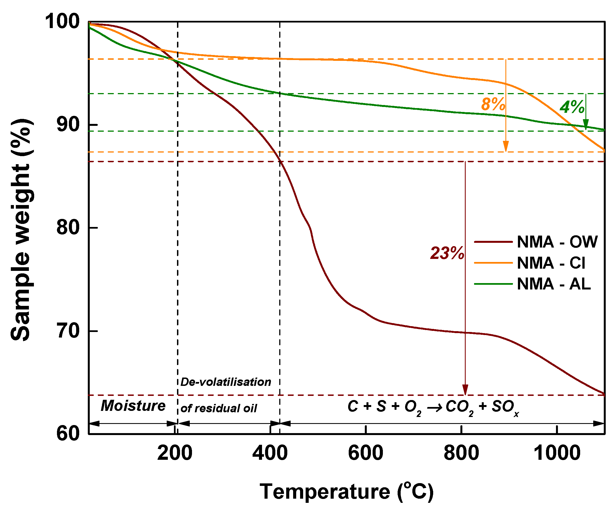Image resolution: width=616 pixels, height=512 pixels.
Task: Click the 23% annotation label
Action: tap(447, 253)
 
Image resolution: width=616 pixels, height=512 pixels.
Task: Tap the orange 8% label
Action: tap(493, 104)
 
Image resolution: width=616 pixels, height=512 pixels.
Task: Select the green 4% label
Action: tap(572, 107)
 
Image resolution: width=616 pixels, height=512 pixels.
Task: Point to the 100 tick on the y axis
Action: tap(62, 21)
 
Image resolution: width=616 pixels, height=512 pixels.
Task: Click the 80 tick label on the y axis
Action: tap(68, 227)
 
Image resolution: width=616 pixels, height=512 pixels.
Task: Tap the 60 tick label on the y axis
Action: tap(68, 433)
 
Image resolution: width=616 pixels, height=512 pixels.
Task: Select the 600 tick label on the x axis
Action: tap(365, 453)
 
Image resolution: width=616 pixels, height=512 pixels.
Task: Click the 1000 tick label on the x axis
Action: tap(557, 453)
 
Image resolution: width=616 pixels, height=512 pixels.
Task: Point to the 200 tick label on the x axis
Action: tap(174, 453)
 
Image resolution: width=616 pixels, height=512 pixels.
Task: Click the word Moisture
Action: tap(133, 406)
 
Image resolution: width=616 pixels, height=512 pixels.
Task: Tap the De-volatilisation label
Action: tap(226, 382)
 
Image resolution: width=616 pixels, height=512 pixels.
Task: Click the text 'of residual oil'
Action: tap(219, 408)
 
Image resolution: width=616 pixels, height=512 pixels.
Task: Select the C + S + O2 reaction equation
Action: tap(433, 407)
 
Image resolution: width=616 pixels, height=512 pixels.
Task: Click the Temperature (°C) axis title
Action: tap(346, 492)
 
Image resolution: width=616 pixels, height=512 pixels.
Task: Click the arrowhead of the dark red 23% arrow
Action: tap(465, 390)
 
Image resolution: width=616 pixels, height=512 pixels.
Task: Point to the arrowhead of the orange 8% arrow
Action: tap(506, 146)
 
